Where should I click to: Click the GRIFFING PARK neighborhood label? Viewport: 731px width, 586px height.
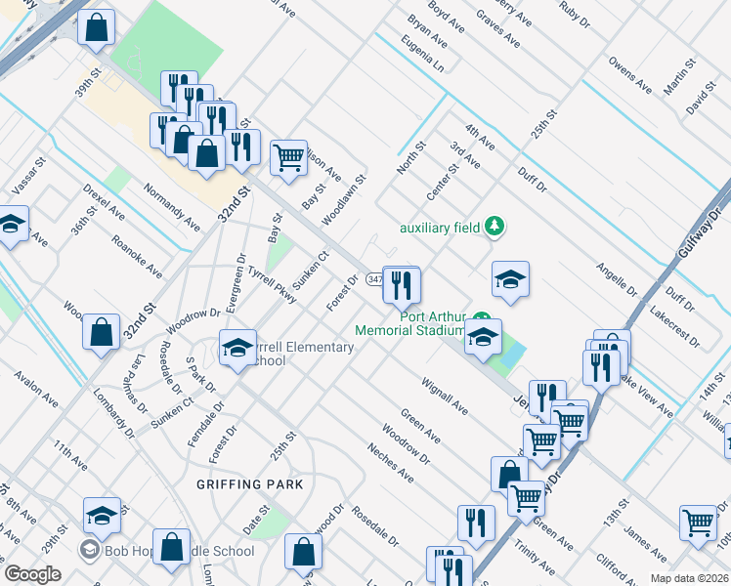point(248,484)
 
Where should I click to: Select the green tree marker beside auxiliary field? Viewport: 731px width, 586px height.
point(494,228)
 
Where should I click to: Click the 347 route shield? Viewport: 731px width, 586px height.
point(375,279)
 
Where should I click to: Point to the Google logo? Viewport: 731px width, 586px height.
point(32,574)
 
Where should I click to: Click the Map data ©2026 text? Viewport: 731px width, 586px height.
point(690,578)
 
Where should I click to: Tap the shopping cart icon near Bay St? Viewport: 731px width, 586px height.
point(288,157)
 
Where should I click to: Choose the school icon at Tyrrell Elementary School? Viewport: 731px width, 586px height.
point(236,348)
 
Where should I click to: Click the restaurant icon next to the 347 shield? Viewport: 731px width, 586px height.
point(401,285)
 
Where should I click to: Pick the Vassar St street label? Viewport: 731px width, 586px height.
point(28,174)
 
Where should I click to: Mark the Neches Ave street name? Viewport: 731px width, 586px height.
point(390,462)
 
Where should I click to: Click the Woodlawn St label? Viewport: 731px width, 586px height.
point(345,195)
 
